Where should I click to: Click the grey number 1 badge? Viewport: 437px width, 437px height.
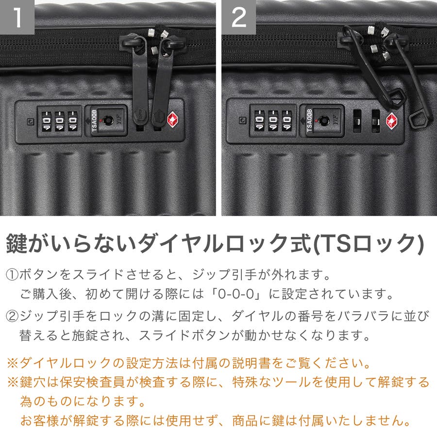(17, 17)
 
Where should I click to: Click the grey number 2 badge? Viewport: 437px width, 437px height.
(238, 17)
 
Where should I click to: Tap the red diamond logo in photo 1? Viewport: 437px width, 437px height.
(173, 119)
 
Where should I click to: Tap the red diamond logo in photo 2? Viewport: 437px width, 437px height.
(391, 121)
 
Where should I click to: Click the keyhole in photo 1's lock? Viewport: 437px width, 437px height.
(108, 120)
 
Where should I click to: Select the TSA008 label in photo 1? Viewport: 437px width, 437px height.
(94, 120)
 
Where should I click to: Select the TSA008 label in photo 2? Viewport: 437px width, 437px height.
(309, 121)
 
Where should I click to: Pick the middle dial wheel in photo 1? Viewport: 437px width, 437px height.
(59, 121)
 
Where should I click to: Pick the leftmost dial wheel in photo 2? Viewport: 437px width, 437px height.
(259, 120)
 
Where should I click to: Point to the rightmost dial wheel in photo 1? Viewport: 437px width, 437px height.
(72, 121)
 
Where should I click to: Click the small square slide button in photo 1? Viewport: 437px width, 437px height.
(31, 121)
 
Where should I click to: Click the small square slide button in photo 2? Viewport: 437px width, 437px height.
(243, 120)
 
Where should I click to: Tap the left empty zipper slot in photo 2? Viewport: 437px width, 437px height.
(357, 121)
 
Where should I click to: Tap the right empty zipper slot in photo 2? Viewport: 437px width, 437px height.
(376, 121)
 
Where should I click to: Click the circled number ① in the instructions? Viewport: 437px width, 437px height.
(12, 275)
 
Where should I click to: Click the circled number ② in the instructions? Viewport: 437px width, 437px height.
(12, 316)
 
